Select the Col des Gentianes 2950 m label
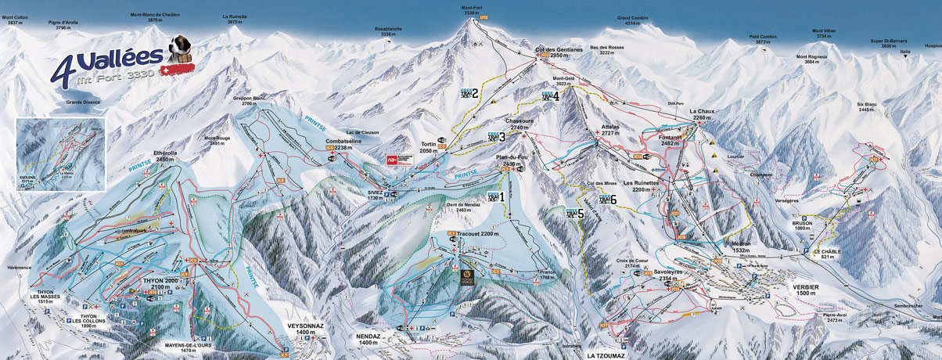(559, 52)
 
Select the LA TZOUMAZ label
(608, 354)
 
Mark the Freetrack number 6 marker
(602, 200)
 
